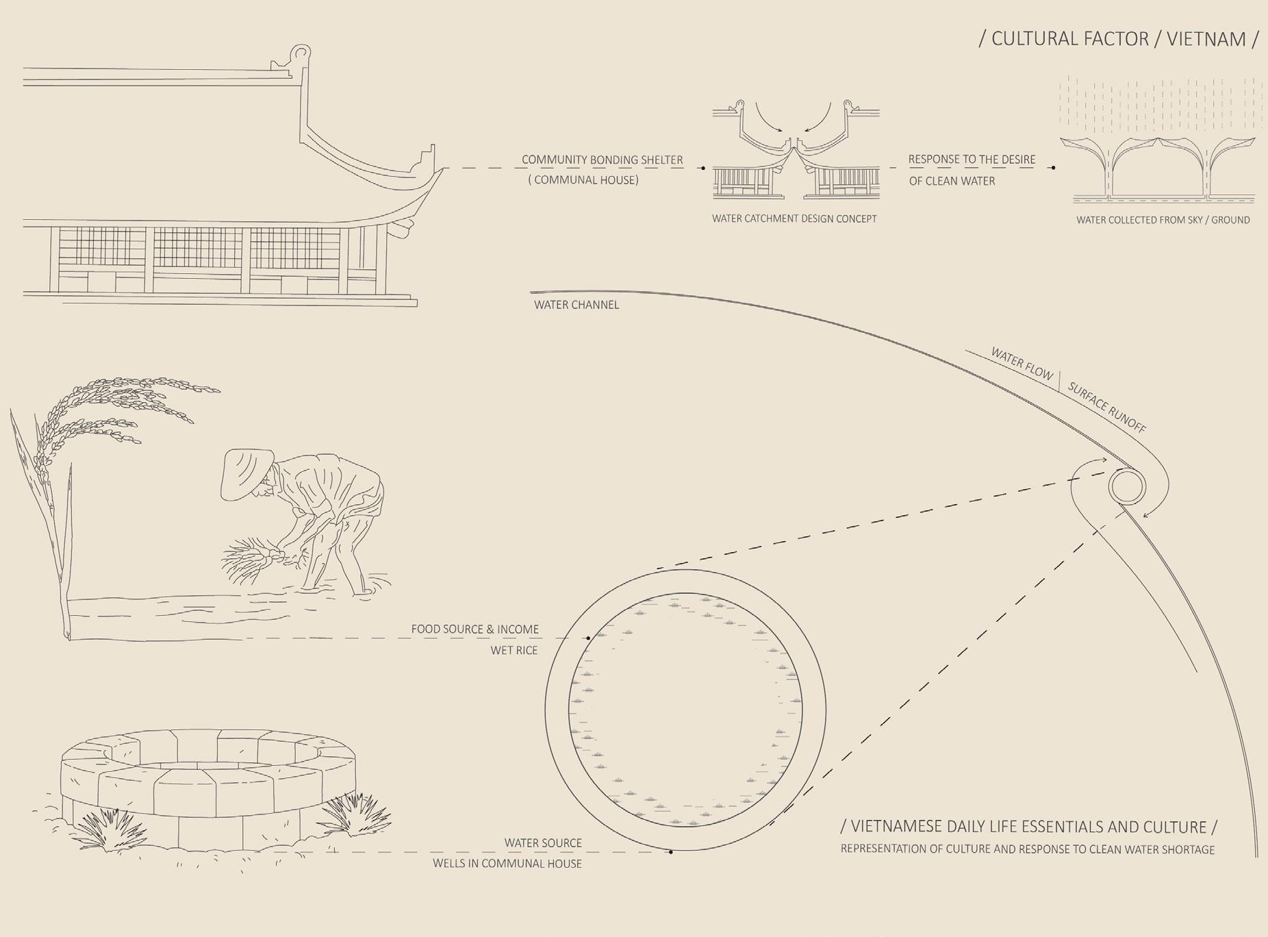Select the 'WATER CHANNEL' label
pyautogui.click(x=576, y=305)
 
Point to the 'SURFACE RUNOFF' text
pyautogui.click(x=1106, y=409)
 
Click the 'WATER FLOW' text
pyautogui.click(x=1022, y=364)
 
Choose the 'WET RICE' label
pyautogui.click(x=513, y=650)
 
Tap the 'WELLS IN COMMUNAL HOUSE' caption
pyautogui.click(x=507, y=864)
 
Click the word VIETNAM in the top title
pyautogui.click(x=1206, y=39)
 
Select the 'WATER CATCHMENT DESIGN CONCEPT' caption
pyautogui.click(x=794, y=219)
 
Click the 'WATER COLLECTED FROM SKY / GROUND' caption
pyautogui.click(x=1163, y=220)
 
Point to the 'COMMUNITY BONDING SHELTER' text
pyautogui.click(x=602, y=160)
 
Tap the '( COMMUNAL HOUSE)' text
pyautogui.click(x=583, y=180)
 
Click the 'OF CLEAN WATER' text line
pyautogui.click(x=952, y=182)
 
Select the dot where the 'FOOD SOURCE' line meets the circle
pyautogui.click(x=588, y=638)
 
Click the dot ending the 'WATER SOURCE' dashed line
pyautogui.click(x=671, y=852)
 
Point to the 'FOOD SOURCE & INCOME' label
pyautogui.click(x=474, y=629)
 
